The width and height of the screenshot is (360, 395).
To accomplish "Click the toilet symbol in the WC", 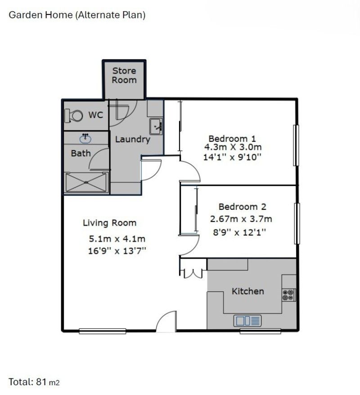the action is pyautogui.click(x=75, y=116).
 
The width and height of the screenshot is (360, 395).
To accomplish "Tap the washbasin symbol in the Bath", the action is pyautogui.click(x=85, y=137).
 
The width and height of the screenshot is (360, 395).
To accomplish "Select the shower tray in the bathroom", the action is pyautogui.click(x=86, y=182).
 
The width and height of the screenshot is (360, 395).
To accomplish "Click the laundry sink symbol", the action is pyautogui.click(x=156, y=126).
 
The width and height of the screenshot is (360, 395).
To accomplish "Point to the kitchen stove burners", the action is pyautogui.click(x=288, y=295).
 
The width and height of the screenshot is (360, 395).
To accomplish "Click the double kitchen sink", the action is pyautogui.click(x=247, y=321).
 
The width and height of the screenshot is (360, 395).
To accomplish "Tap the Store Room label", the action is pyautogui.click(x=124, y=75).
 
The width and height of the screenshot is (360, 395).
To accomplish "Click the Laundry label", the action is pyautogui.click(x=132, y=140).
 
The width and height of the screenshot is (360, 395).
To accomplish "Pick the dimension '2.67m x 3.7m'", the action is pyautogui.click(x=241, y=219).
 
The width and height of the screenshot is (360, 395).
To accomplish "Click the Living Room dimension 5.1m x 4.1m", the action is pyautogui.click(x=117, y=239).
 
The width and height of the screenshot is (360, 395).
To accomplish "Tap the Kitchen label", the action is pyautogui.click(x=247, y=291).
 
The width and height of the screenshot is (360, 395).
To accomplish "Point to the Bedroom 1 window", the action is pyautogui.click(x=296, y=145).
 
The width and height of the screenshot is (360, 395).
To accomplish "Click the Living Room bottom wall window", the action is pyautogui.click(x=102, y=331).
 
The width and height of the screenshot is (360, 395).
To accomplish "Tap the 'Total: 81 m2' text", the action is pyautogui.click(x=34, y=382).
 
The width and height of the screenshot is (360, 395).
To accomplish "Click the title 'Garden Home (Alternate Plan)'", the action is pyautogui.click(x=77, y=15).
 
